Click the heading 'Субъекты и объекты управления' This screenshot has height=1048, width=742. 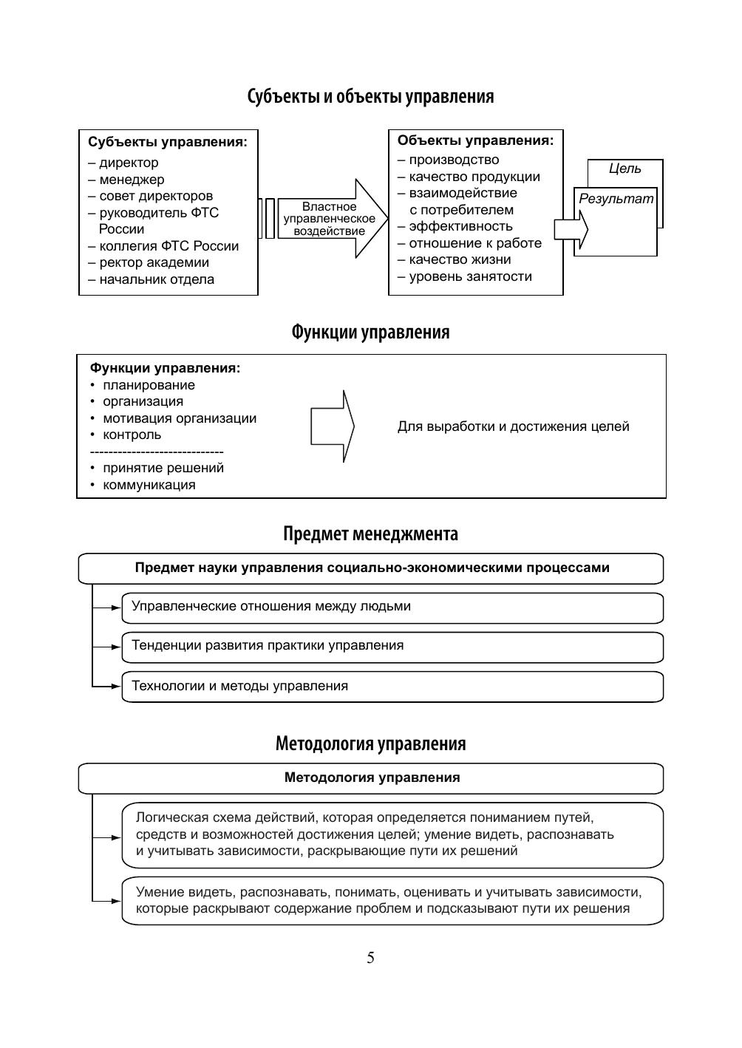[370, 97]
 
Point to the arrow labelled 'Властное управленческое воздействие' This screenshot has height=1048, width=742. [330, 219]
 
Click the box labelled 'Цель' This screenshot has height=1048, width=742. [625, 169]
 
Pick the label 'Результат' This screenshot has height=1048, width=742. [616, 199]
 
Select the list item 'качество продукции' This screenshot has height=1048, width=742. [474, 177]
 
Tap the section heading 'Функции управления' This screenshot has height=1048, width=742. [370, 333]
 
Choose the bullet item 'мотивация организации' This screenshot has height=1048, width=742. [180, 418]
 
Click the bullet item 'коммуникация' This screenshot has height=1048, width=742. [149, 485]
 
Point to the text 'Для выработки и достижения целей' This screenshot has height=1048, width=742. [513, 426]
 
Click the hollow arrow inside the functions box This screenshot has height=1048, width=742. [332, 426]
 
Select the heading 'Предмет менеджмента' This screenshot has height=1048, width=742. [370, 534]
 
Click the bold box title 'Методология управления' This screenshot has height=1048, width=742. [372, 778]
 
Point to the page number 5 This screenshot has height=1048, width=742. [370, 958]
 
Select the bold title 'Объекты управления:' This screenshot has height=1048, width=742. [475, 140]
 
